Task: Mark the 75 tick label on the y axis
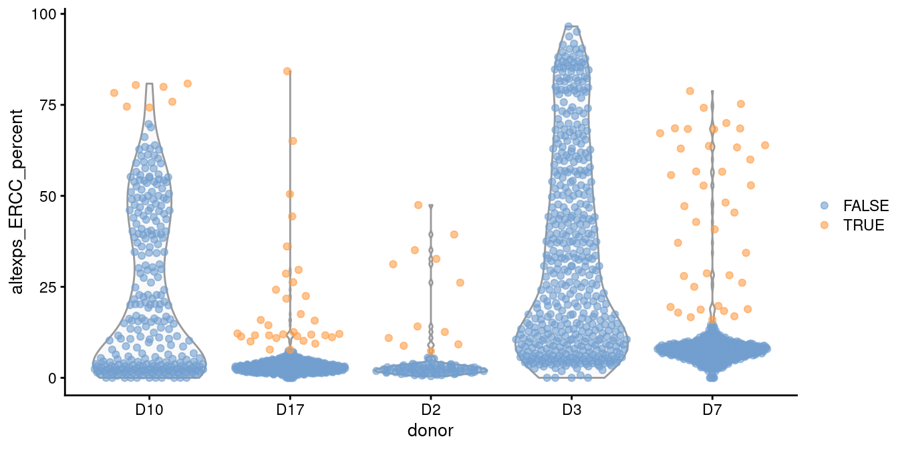coord(49,105)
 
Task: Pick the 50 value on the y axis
coord(49,196)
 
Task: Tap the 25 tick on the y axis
coord(49,287)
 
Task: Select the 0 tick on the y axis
coord(53,378)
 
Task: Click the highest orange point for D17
coord(287,71)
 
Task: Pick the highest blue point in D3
coord(569,27)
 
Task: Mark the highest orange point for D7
coord(690,91)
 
